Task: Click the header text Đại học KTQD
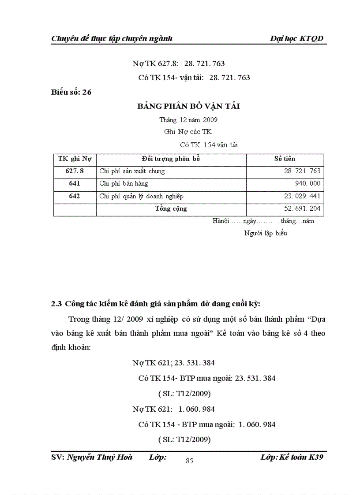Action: point(296,38)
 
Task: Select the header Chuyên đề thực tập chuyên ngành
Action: point(112,38)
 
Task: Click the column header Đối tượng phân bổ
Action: point(171,159)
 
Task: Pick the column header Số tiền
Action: point(285,159)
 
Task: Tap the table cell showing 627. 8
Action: point(75,171)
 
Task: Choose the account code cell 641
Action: point(75,183)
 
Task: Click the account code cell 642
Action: point(75,196)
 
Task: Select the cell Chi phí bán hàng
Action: point(124,183)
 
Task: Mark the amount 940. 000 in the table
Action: point(307,183)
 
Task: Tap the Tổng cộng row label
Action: point(171,209)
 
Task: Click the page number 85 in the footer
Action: point(189,461)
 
